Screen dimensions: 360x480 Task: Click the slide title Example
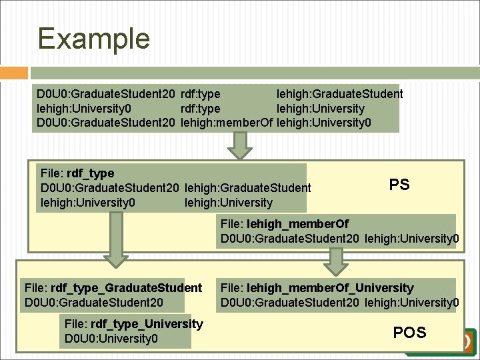coord(93,38)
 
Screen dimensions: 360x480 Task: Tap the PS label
coord(399,185)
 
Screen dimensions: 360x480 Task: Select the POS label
coord(409,333)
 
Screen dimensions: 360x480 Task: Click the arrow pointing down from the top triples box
coord(239,145)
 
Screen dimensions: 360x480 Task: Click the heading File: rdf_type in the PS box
coord(77,173)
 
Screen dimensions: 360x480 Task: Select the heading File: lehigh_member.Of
coord(285,223)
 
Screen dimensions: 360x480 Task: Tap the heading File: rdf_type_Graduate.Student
coord(113,288)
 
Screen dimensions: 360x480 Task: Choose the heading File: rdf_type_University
coord(133,324)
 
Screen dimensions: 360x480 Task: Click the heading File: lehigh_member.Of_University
coord(317,288)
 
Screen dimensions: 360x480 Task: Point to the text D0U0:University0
coord(111,339)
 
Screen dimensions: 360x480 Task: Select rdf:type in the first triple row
coord(201,93)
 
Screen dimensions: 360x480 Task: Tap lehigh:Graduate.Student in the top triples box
coord(339,93)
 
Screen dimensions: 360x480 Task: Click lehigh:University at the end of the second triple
coord(321,108)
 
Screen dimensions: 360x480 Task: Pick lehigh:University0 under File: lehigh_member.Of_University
coord(411,303)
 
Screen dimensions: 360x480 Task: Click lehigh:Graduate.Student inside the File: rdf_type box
coord(247,188)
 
